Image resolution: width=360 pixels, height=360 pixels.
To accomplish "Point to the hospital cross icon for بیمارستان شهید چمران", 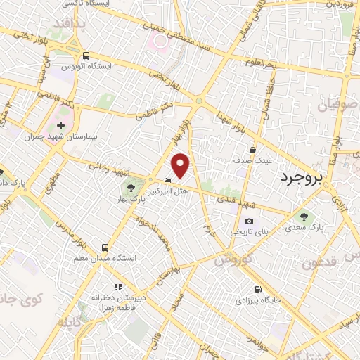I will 61,126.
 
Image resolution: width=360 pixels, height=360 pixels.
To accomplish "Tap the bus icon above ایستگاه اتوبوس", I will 85,56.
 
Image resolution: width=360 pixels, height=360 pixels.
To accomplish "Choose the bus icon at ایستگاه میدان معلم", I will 104,247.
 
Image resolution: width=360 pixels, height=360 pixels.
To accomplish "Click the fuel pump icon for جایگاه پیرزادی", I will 259,288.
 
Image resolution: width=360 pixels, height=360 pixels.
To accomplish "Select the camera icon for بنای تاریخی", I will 248,221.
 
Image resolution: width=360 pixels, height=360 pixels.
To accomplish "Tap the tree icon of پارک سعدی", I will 304,217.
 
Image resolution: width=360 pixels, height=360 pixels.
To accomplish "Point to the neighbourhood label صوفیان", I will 337,106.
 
